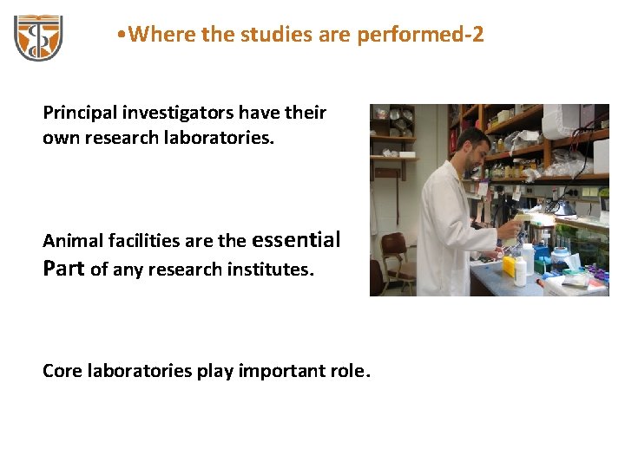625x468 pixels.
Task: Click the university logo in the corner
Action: [37, 36]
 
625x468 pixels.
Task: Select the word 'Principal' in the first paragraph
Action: [81, 113]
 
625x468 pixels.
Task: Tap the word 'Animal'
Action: [70, 241]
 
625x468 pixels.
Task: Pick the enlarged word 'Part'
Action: [63, 268]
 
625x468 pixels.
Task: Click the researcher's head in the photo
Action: [474, 146]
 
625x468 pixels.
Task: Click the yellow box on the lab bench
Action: [508, 266]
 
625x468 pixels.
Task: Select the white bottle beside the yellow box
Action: [520, 272]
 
